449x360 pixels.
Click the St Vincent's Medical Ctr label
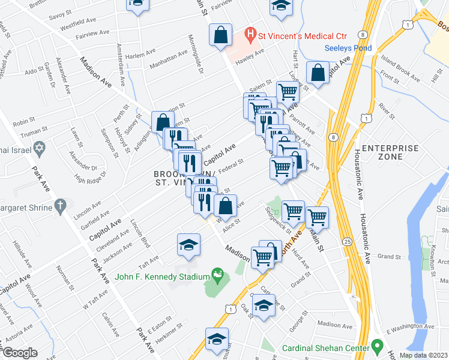[x=295, y=34]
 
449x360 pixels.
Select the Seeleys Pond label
[x=348, y=48]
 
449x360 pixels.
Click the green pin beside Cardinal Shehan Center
[x=377, y=346]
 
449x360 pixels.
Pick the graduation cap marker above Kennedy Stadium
[x=188, y=245]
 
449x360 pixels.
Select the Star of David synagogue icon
[x=40, y=147]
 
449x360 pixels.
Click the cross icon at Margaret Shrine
[x=59, y=206]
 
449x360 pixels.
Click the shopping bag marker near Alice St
[x=225, y=206]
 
